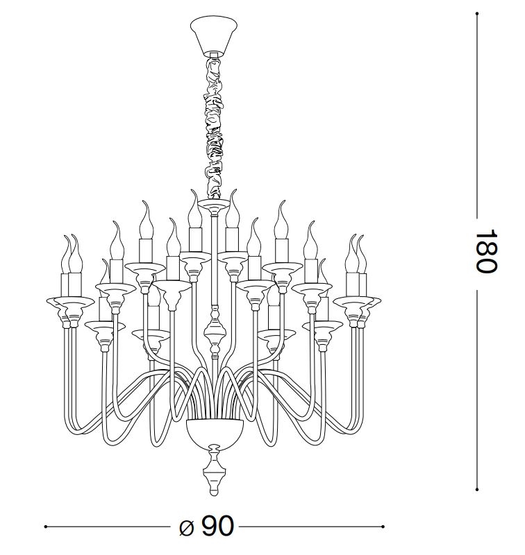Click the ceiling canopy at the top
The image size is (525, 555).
pyautogui.click(x=214, y=35)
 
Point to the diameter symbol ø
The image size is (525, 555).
pyautogui.click(x=187, y=528)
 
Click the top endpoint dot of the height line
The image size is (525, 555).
pyautogui.click(x=477, y=14)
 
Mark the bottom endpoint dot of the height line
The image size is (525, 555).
pyautogui.click(x=477, y=490)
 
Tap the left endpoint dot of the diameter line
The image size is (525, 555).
pyautogui.click(x=46, y=527)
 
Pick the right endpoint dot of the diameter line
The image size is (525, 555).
pyautogui.click(x=383, y=527)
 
